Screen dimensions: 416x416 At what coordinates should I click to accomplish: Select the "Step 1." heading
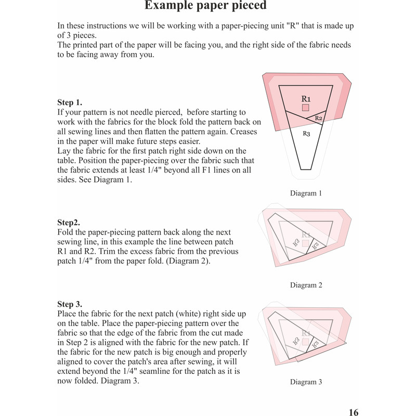point(70,102)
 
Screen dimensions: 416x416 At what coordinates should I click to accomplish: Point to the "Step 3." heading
point(70,304)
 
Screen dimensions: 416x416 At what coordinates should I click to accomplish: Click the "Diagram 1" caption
point(306,193)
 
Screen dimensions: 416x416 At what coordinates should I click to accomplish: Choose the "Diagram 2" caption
point(306,285)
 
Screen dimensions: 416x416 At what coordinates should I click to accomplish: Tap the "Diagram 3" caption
point(306,382)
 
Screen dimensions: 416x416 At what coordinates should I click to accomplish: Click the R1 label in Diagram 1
point(306,98)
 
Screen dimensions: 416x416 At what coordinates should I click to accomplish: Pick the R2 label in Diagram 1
point(319,119)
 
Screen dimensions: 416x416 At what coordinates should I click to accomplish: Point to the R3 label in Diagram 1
point(306,134)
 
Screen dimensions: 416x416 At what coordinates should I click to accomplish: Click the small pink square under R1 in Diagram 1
point(306,108)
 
